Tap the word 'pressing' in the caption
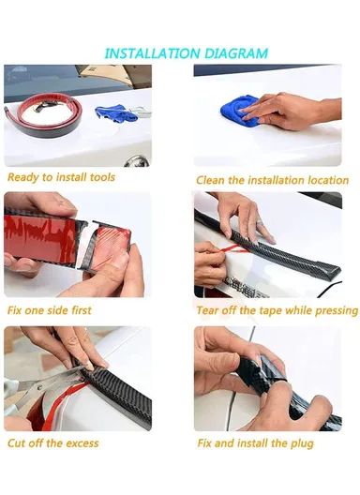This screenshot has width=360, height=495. click(x=333, y=310)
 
